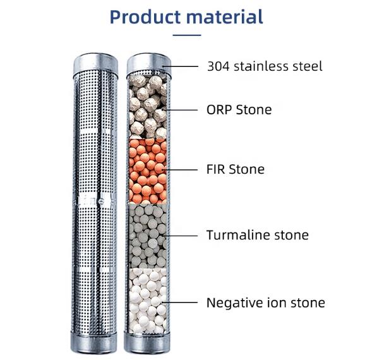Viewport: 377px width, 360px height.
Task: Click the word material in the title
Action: point(225,17)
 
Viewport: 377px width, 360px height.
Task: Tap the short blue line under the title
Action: point(187,35)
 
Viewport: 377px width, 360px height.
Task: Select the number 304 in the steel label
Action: point(218,66)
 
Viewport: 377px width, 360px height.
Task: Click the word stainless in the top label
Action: point(261,66)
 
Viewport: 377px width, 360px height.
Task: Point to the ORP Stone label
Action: point(239,110)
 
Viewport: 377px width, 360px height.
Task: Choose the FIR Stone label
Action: point(236,169)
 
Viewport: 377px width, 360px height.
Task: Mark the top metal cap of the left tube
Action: point(96,64)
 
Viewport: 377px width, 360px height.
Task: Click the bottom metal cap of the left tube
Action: point(93,342)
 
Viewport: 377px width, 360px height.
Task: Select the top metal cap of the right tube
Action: point(149,64)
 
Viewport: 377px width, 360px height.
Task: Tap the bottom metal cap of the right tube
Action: point(147,343)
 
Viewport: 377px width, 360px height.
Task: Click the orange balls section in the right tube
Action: point(148,171)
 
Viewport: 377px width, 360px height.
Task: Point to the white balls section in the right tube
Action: point(148,301)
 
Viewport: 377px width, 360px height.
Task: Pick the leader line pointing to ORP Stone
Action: point(180,110)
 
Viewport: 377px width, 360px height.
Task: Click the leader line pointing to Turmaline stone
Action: point(180,236)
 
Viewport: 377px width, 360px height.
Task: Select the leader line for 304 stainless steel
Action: point(181,66)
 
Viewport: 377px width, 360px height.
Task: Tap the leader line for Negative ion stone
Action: point(180,303)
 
